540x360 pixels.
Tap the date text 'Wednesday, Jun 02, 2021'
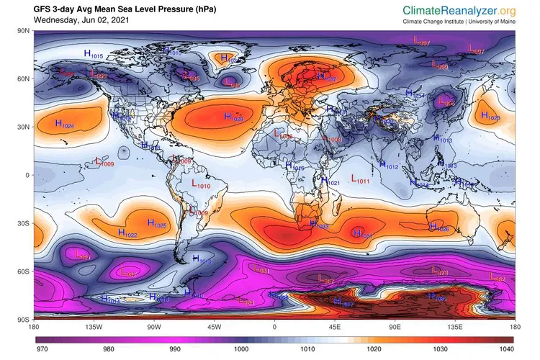click(x=78, y=21)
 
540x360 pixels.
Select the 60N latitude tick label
click(x=22, y=78)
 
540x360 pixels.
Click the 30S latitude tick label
click(x=22, y=223)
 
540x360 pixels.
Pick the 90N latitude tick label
click(x=22, y=31)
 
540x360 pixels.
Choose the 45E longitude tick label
click(x=336, y=325)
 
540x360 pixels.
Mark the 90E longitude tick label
click(x=395, y=325)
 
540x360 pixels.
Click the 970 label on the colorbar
click(x=42, y=350)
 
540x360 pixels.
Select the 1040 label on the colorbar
click(x=507, y=350)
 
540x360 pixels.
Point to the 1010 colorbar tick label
click(x=307, y=350)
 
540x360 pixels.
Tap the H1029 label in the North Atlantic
click(x=233, y=117)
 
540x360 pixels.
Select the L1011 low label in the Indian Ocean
click(x=360, y=179)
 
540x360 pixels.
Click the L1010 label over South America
click(x=201, y=185)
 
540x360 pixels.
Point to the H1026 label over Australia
click(x=439, y=228)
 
